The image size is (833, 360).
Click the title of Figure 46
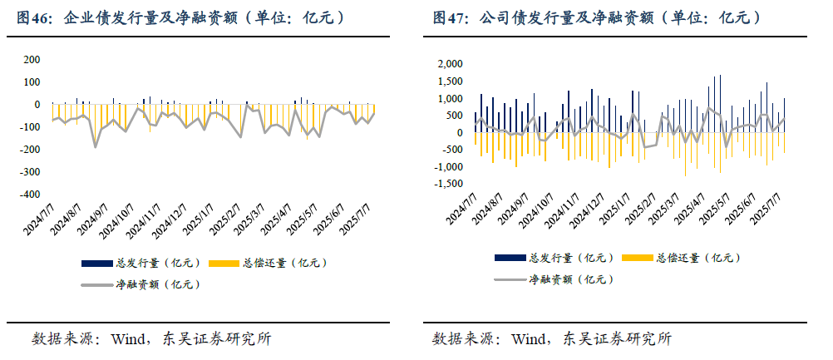[x=179, y=17]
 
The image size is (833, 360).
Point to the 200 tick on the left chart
[x=31, y=60]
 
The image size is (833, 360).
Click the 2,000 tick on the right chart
[x=449, y=64]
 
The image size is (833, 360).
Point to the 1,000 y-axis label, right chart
[x=449, y=98]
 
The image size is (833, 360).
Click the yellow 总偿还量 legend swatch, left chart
[x=224, y=264]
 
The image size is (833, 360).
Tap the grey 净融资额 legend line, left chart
[x=96, y=284]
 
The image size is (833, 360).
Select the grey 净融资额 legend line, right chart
[x=510, y=279]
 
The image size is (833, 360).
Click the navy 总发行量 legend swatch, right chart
[x=510, y=258]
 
